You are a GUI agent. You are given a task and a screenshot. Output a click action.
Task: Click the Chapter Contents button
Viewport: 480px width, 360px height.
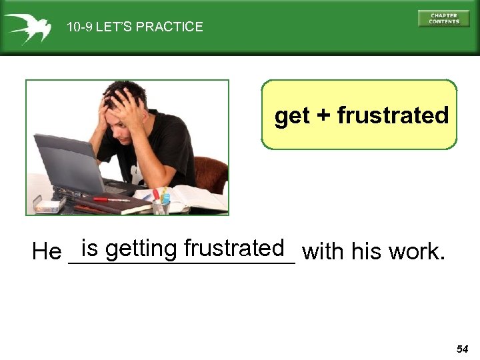point(443,18)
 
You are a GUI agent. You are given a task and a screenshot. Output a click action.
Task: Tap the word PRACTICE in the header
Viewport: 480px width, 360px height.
point(170,27)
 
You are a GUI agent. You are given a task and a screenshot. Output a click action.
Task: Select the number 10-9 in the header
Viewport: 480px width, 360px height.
point(79,27)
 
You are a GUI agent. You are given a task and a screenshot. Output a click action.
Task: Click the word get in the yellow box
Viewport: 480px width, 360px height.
point(292,116)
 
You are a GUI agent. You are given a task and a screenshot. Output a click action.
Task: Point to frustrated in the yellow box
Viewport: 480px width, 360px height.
point(393,115)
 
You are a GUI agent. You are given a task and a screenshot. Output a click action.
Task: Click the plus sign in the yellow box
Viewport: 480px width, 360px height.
point(323,116)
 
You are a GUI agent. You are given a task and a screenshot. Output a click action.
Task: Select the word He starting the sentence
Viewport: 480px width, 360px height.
point(46,253)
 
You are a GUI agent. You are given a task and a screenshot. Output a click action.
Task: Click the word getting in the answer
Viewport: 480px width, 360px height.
point(142,249)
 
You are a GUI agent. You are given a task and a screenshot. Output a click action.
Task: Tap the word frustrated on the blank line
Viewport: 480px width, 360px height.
point(235,248)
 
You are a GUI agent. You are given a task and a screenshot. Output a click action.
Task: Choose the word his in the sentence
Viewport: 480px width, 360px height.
point(365,252)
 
